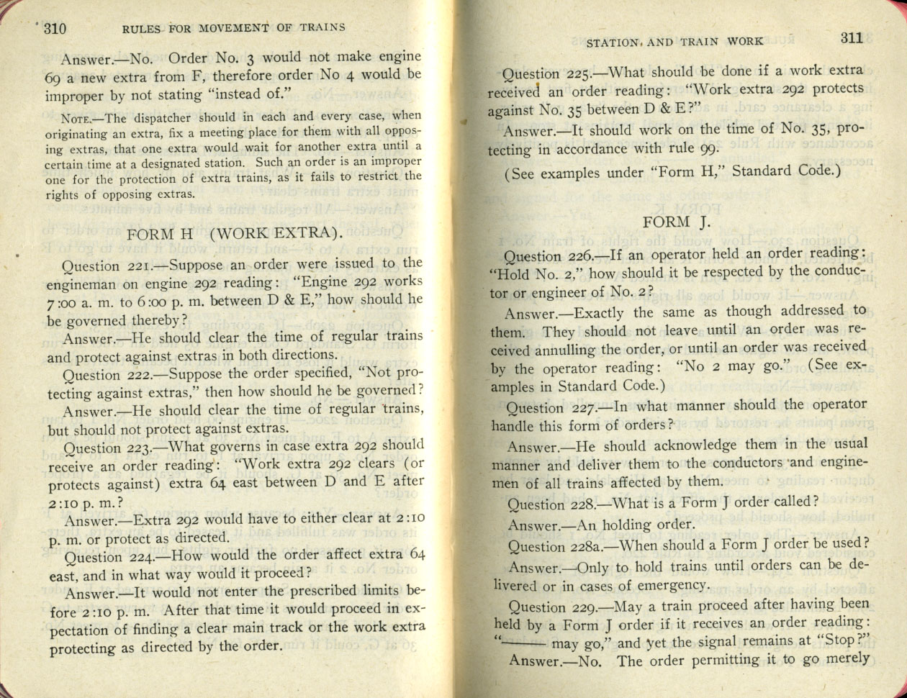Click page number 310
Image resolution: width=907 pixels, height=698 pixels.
click(55, 30)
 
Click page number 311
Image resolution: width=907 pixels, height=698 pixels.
click(851, 38)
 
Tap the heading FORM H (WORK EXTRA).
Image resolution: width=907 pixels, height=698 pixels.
click(234, 234)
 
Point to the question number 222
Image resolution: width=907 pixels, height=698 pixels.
click(142, 376)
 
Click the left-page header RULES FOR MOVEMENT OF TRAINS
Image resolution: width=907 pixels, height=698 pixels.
click(233, 28)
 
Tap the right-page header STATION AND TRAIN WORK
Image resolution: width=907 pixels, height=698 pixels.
click(674, 42)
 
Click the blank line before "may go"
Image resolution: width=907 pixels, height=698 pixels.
click(524, 642)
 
